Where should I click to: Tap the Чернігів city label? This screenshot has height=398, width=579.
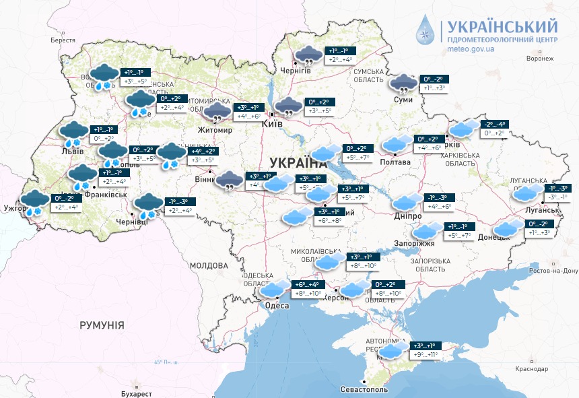(296, 71)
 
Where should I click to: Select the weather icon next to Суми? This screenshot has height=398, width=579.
(404, 84)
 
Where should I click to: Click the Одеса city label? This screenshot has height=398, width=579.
(277, 306)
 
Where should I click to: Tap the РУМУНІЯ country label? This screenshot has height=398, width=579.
(102, 325)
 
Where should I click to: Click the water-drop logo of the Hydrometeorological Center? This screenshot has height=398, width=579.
(425, 29)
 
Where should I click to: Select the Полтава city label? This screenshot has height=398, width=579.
(396, 162)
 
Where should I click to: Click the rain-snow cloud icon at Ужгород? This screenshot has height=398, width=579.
(33, 201)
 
